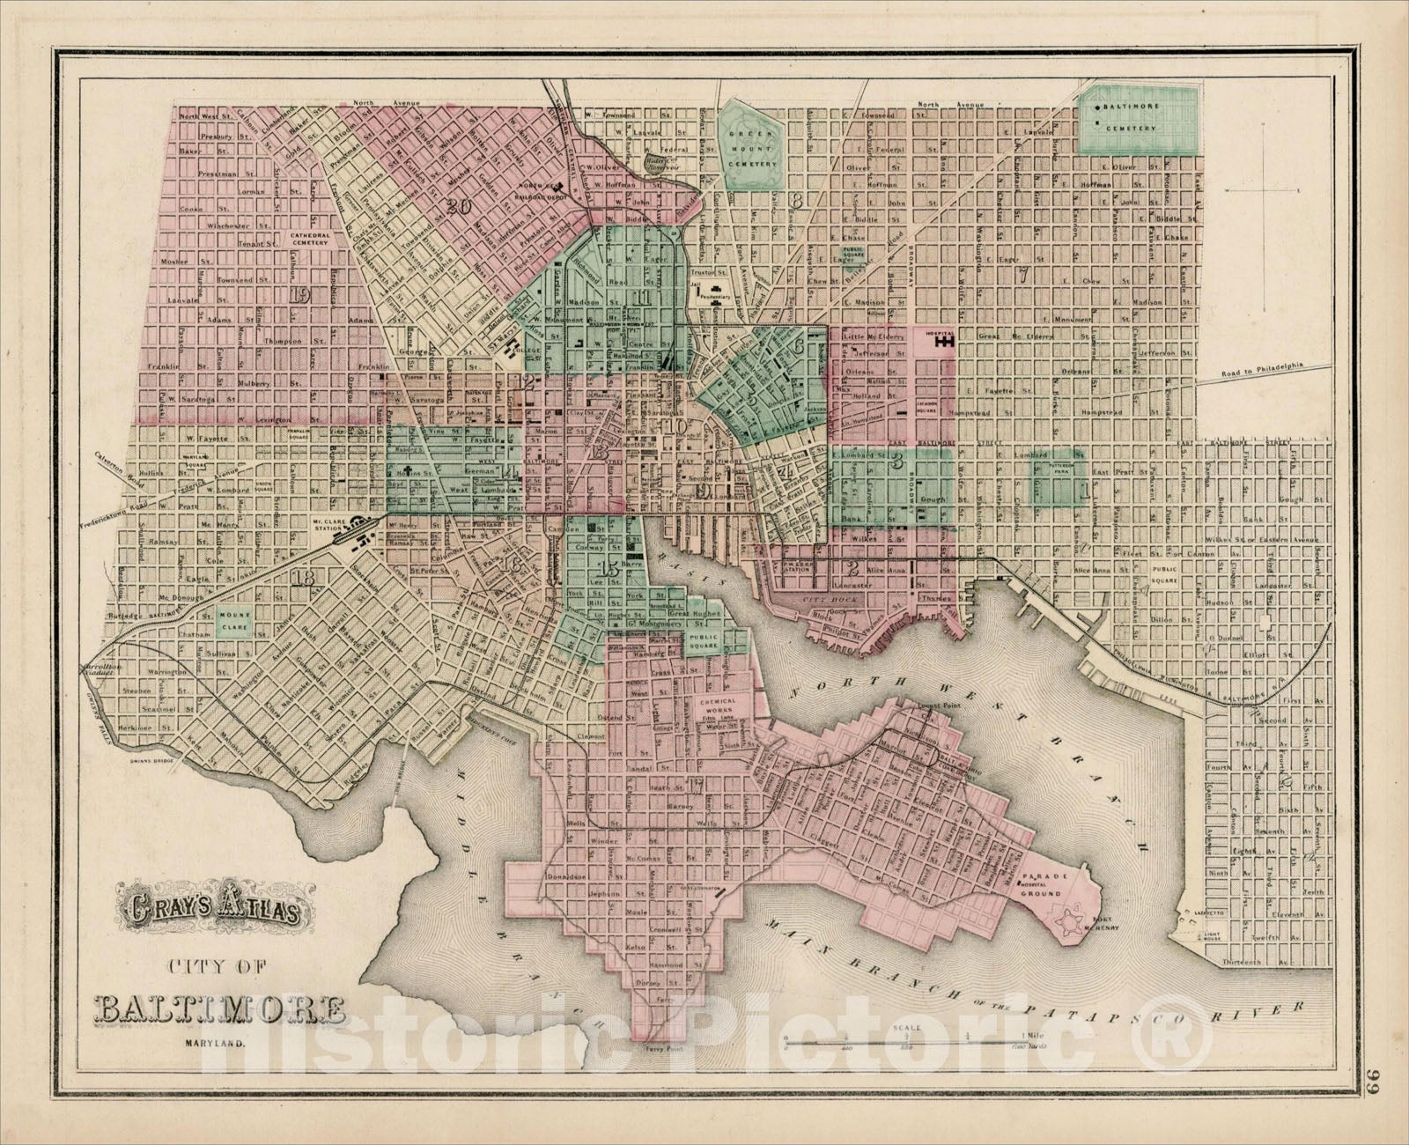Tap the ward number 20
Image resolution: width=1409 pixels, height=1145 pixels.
(x=457, y=208)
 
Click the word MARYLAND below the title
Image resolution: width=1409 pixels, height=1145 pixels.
(x=216, y=1045)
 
